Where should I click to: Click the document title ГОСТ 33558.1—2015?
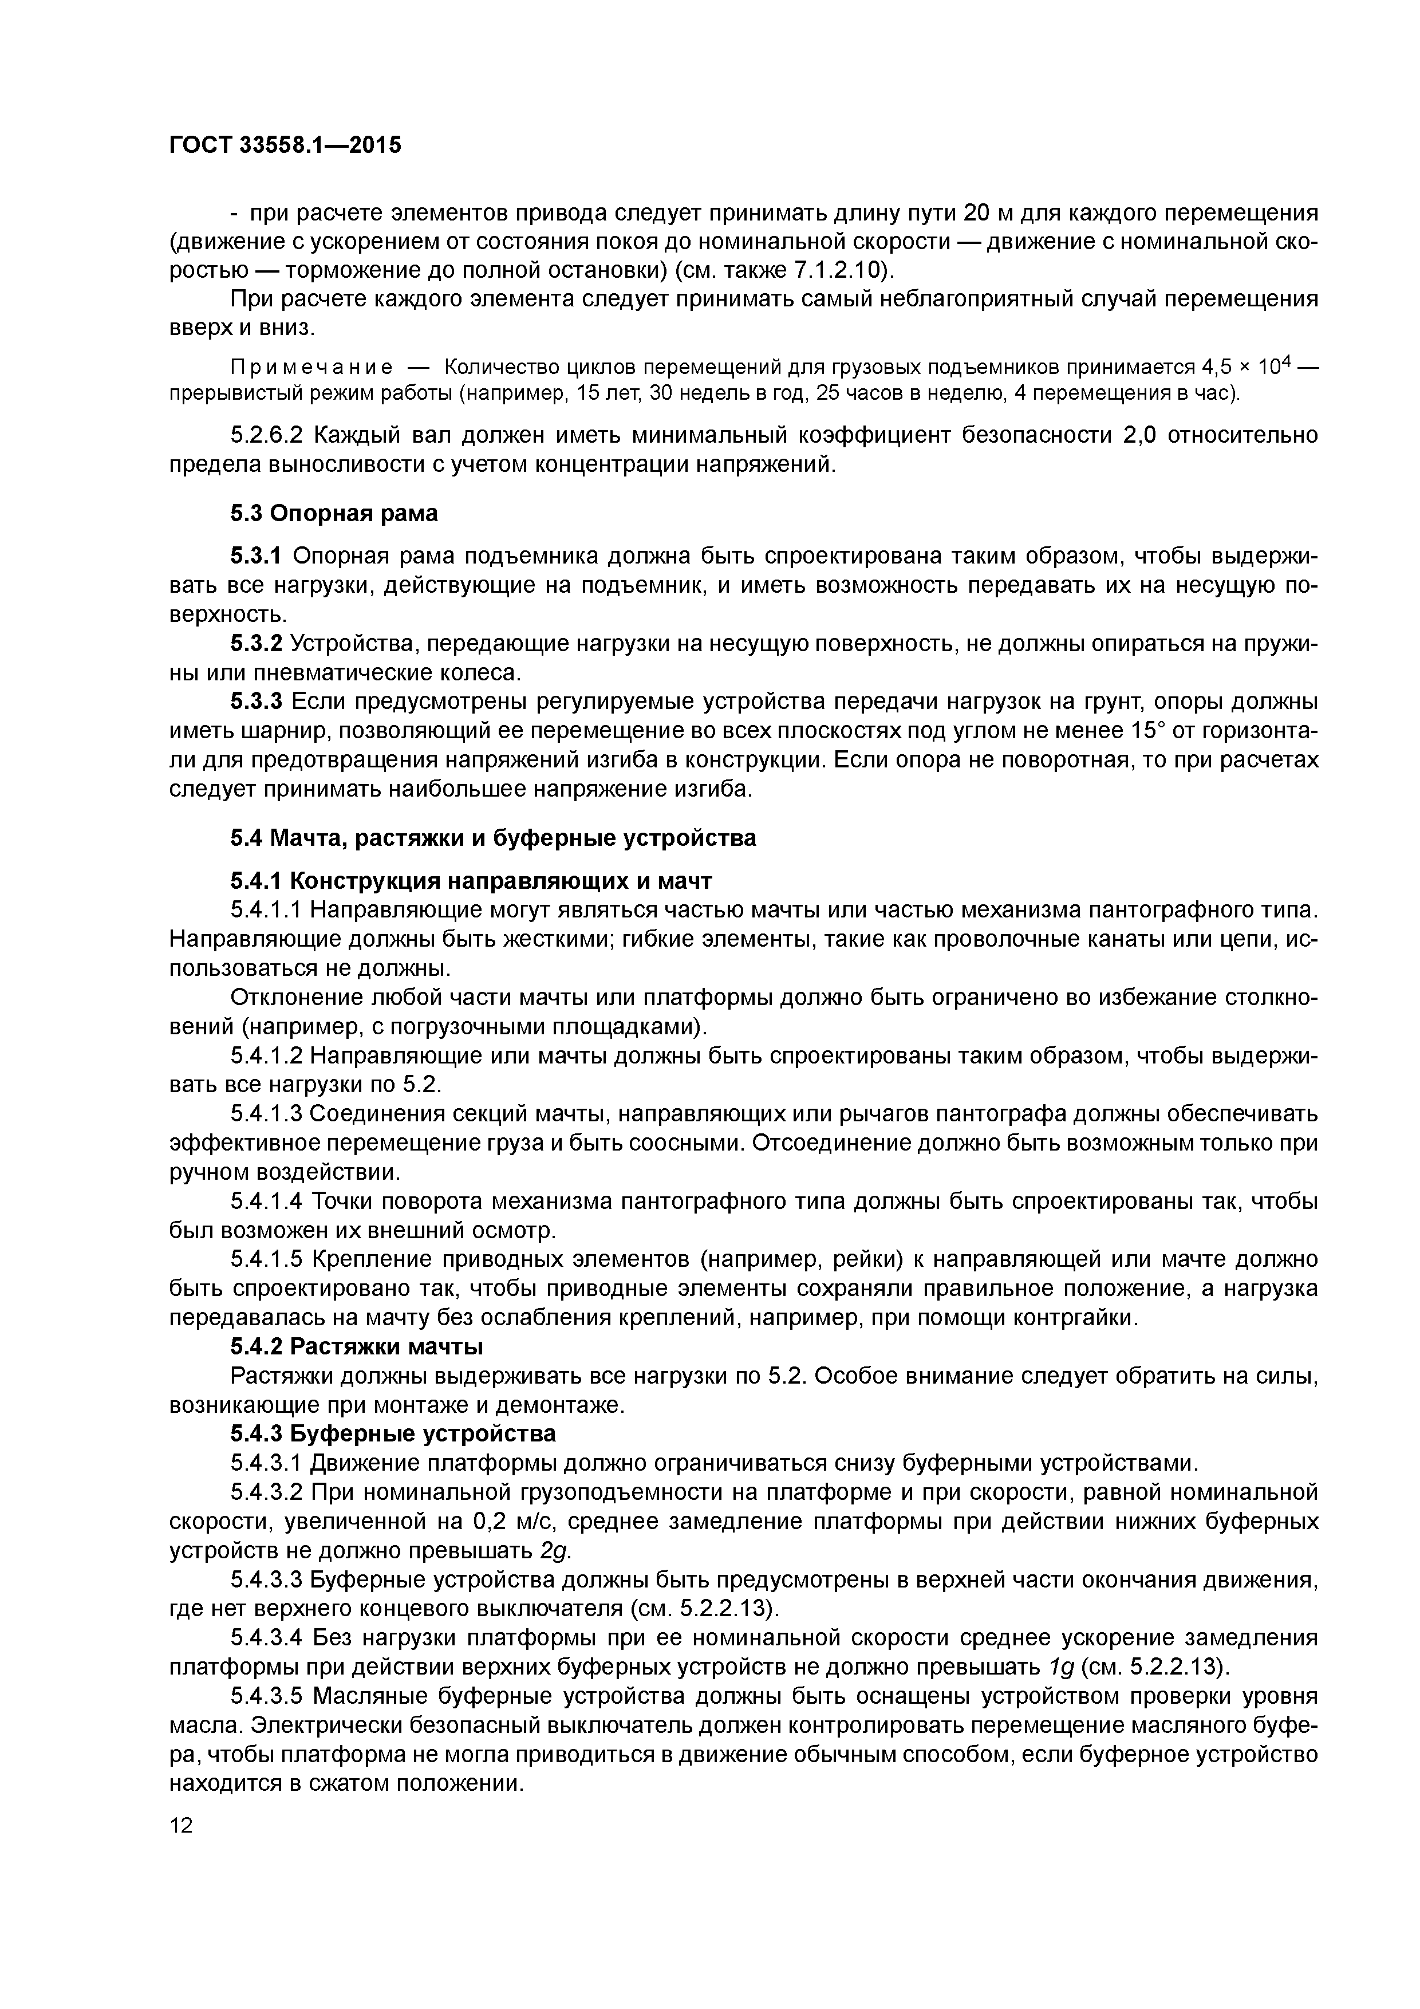tap(285, 145)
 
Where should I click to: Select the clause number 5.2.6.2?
tap(266, 435)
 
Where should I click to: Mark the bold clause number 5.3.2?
tap(257, 644)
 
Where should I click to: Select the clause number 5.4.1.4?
tap(266, 1202)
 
